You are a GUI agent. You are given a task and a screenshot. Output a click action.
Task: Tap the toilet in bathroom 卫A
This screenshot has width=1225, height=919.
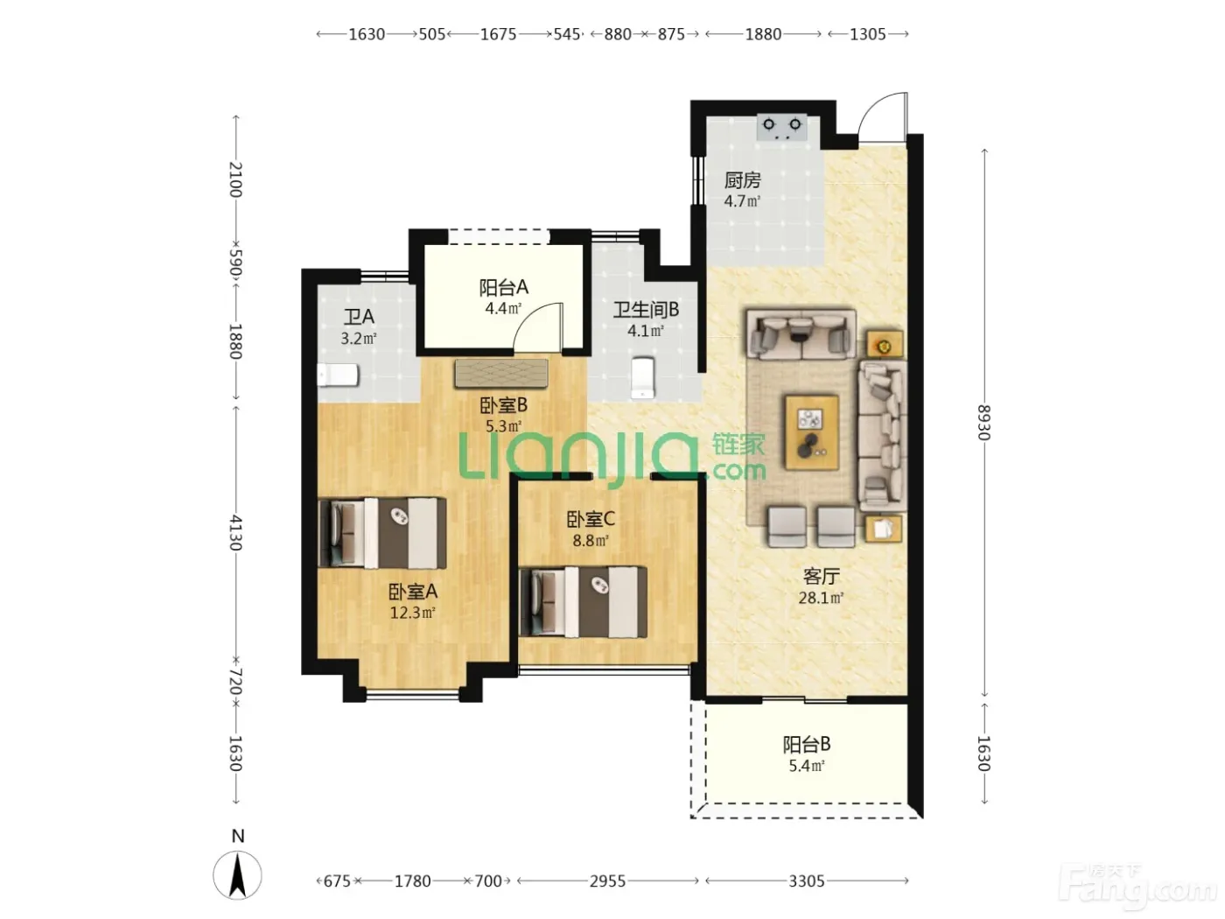(x=338, y=375)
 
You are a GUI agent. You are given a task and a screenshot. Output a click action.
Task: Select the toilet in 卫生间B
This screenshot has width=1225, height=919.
(x=642, y=377)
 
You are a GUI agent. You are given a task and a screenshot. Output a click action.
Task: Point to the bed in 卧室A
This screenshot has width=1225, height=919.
(x=382, y=533)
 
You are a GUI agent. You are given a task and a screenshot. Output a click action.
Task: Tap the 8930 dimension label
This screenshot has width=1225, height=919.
(x=983, y=423)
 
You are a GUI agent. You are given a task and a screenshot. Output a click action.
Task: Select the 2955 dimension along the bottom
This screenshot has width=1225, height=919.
(x=608, y=881)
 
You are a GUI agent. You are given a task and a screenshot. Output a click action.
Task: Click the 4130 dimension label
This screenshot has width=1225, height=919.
(x=236, y=532)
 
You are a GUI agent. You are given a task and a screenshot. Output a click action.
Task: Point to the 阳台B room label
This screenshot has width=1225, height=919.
(x=807, y=744)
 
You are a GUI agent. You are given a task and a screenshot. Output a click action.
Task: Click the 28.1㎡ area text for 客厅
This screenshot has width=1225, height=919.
(x=821, y=598)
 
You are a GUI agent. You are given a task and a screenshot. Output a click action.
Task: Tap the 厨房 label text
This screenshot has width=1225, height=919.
(x=742, y=180)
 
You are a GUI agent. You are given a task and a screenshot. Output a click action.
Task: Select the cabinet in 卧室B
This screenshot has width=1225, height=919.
(x=501, y=373)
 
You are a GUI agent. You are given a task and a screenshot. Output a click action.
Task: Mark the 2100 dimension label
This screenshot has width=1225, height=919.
(x=236, y=179)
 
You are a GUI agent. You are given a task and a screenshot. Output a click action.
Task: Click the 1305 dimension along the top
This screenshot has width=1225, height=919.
(x=868, y=35)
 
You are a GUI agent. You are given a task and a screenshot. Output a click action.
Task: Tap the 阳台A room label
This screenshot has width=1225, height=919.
(x=503, y=287)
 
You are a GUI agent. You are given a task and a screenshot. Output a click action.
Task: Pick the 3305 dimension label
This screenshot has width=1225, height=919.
(x=807, y=881)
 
